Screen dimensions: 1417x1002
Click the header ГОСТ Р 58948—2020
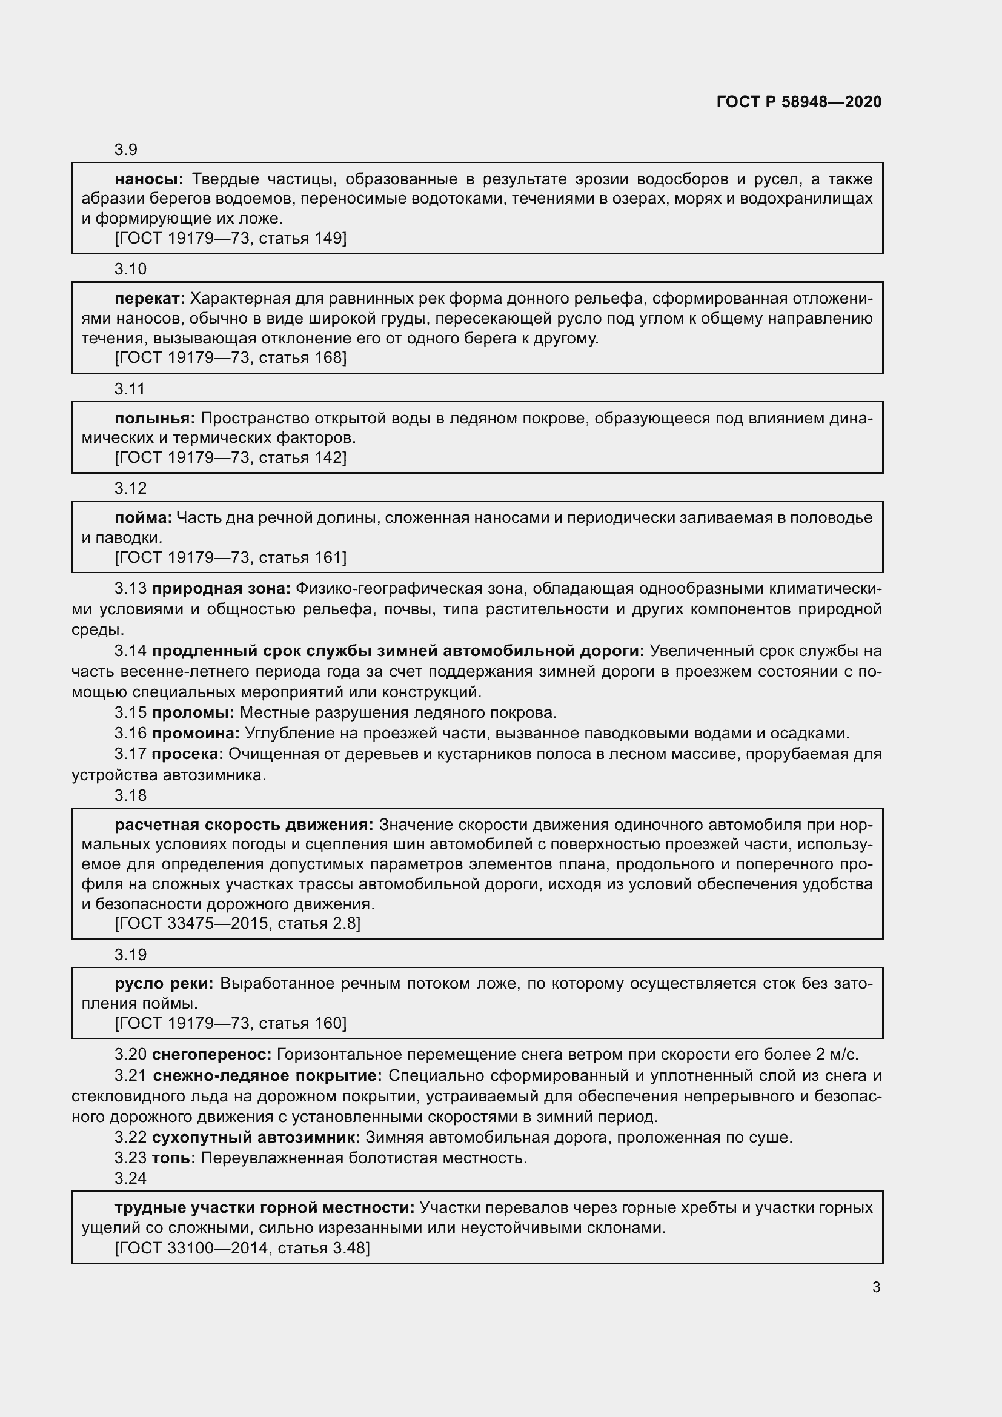pyautogui.click(x=799, y=102)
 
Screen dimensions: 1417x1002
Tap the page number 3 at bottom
pyautogui.click(x=876, y=1287)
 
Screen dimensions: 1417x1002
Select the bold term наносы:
pyautogui.click(x=148, y=179)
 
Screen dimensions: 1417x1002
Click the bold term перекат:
pyautogui.click(x=150, y=299)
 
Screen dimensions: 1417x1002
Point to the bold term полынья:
pyautogui.click(x=155, y=419)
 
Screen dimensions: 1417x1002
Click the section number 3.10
pyautogui.click(x=130, y=269)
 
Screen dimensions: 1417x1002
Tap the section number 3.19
pyautogui.click(x=130, y=955)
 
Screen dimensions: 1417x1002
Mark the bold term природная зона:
pyautogui.click(x=221, y=589)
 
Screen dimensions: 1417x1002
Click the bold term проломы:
pyautogui.click(x=193, y=713)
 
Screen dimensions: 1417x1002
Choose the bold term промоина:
pyautogui.click(x=196, y=733)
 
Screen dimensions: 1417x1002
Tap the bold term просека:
pyautogui.click(x=188, y=754)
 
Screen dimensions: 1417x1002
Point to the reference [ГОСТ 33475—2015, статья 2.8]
pyautogui.click(x=237, y=923)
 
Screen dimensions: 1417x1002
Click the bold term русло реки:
pyautogui.click(x=164, y=983)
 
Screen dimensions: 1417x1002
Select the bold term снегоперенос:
pyautogui.click(x=211, y=1054)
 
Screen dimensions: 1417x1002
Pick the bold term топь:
pyautogui.click(x=173, y=1158)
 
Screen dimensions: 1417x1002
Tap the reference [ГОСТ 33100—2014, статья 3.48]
pyautogui.click(x=242, y=1248)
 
